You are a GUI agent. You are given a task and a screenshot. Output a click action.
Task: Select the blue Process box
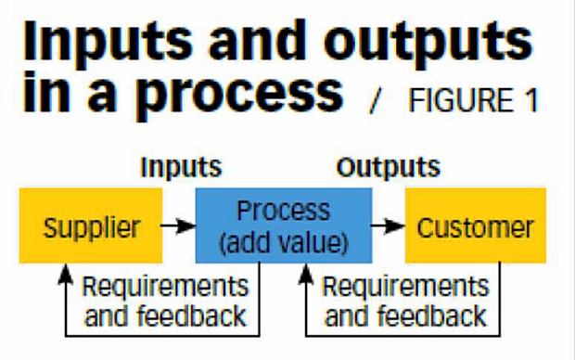coord(284,225)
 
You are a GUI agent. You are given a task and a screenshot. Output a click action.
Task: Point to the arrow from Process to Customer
coord(388,225)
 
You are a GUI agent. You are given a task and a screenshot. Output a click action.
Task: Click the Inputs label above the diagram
coord(181,168)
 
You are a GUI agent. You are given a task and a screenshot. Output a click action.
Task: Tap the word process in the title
coord(236,95)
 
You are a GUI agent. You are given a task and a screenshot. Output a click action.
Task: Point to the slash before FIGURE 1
coord(375,100)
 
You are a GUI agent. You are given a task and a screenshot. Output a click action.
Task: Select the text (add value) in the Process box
coord(284,242)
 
